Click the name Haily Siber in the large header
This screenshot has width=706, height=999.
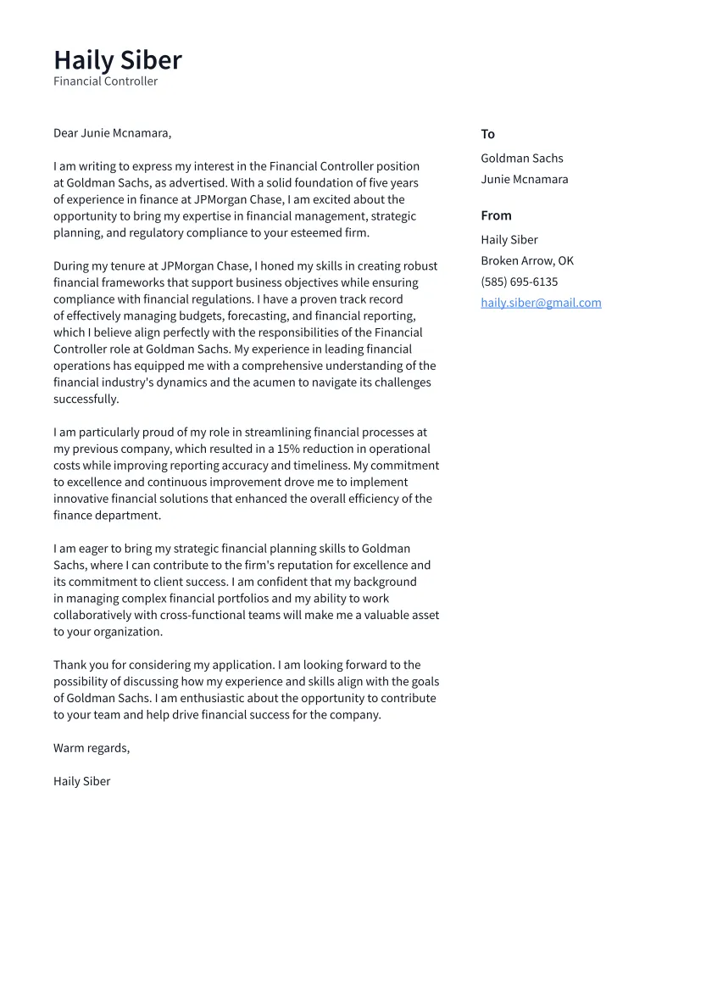click(118, 60)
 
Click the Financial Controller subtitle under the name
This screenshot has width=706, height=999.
click(105, 81)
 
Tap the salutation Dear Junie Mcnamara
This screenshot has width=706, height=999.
click(112, 133)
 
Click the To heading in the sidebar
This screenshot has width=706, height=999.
click(487, 134)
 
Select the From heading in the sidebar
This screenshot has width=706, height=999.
click(496, 215)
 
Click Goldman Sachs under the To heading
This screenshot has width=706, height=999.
click(521, 159)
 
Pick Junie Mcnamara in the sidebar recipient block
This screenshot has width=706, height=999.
click(524, 179)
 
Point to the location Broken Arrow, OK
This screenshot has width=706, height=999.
click(526, 260)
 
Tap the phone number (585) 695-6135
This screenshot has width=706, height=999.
click(519, 282)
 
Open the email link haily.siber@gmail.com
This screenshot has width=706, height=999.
click(541, 303)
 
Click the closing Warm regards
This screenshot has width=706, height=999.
click(91, 748)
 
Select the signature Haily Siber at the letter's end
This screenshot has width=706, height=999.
click(81, 781)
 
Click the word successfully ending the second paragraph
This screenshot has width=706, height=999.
click(86, 399)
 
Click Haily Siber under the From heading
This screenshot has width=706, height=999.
click(509, 240)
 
